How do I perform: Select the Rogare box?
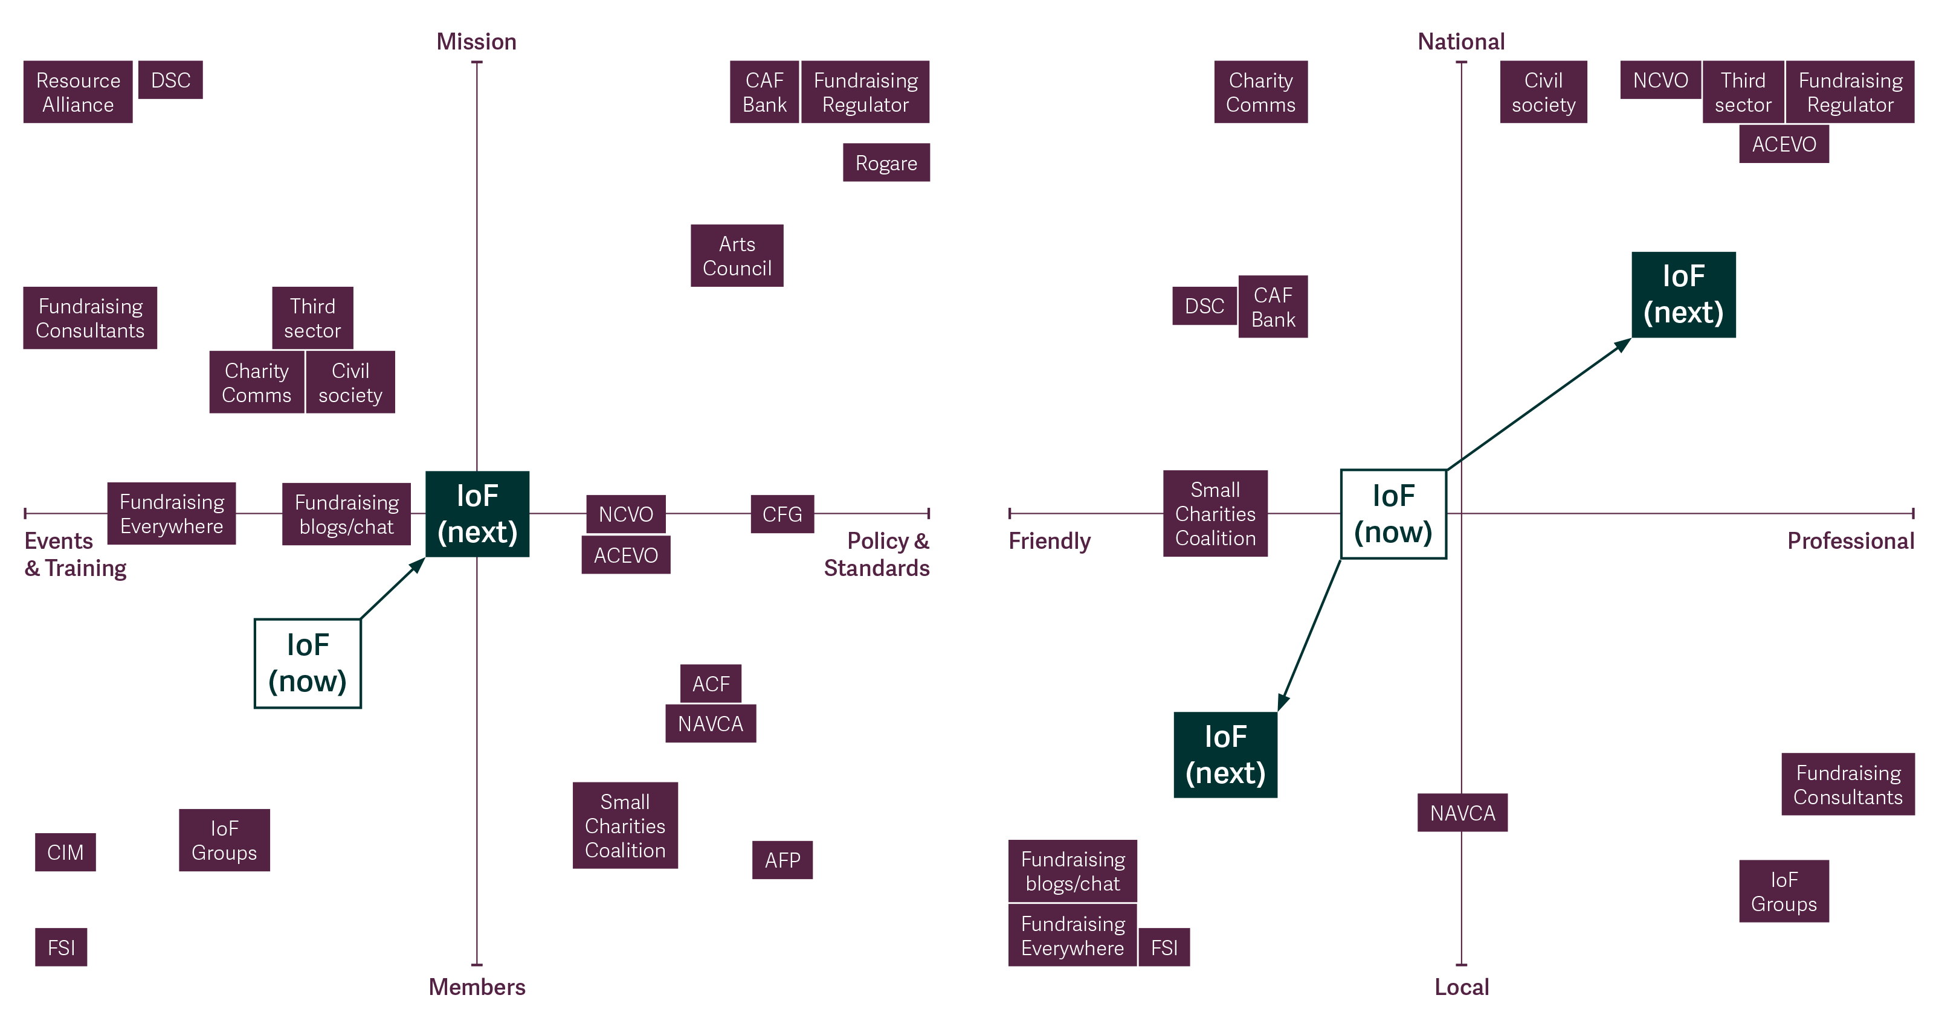tap(886, 162)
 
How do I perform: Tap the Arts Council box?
tap(737, 256)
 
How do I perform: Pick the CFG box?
tap(782, 514)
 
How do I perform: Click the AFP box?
tap(782, 860)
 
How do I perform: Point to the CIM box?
tap(65, 852)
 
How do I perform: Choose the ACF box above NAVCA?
tap(711, 683)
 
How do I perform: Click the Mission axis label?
tap(477, 42)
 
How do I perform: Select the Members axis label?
tap(477, 987)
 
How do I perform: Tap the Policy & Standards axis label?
tap(878, 554)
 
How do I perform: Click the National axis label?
tap(1461, 42)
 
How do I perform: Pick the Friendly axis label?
tap(1050, 541)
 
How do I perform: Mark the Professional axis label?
tap(1850, 541)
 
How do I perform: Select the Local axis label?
tap(1461, 987)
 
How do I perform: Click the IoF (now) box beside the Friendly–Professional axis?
tap(1393, 514)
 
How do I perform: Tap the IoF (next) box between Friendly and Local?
tap(1225, 755)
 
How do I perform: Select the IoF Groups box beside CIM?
tap(224, 840)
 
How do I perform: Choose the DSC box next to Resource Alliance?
tap(171, 80)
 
